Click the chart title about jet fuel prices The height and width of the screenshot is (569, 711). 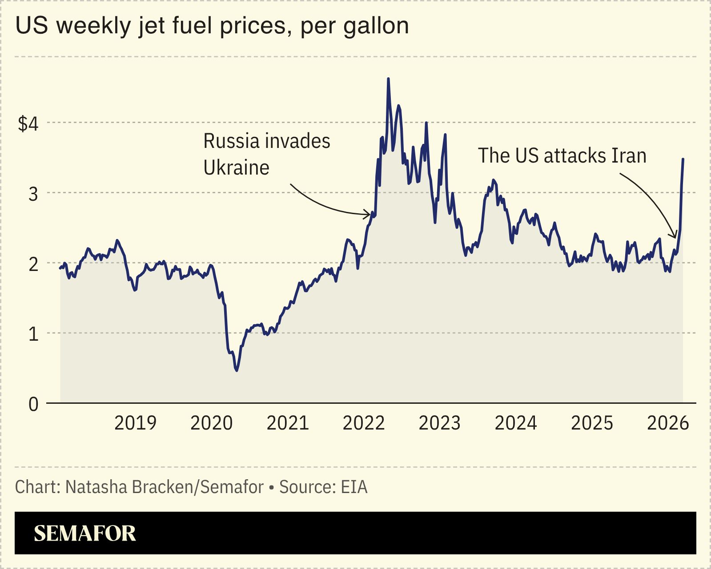pos(212,26)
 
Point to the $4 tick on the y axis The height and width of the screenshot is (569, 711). pos(28,123)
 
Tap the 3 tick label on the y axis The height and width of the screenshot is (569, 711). pos(33,194)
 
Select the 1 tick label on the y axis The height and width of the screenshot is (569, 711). pos(33,334)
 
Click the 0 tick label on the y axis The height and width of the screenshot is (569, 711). pos(33,404)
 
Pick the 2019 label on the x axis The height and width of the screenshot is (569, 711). pos(135,423)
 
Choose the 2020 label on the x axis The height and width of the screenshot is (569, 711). pos(211,423)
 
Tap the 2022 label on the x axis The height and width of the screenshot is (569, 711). pos(363,423)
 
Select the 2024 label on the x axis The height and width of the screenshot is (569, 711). pos(516,423)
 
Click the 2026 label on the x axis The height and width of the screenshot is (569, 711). pos(668,423)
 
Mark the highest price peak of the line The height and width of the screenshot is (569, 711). pos(388,79)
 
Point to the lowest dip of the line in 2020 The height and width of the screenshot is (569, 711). pos(237,370)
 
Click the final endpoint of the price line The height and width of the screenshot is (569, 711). pos(683,159)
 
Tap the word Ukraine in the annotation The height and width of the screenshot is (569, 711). pos(236,168)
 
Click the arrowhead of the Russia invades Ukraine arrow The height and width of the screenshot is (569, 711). pos(370,215)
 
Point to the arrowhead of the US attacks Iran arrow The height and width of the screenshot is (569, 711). pos(675,237)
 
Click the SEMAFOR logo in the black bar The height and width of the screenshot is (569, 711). pos(84,533)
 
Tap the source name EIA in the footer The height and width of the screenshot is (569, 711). pos(354,487)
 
